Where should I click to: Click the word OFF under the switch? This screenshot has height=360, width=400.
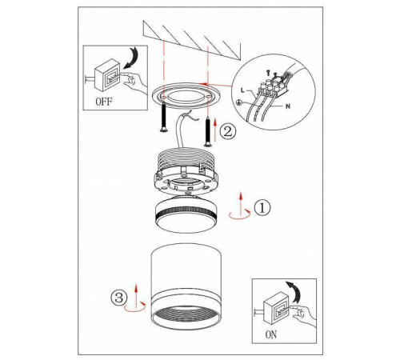[x=104, y=102]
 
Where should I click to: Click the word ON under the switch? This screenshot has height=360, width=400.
[x=271, y=334]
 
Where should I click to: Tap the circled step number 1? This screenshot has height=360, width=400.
[x=262, y=208]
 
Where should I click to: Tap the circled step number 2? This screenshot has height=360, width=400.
[x=228, y=132]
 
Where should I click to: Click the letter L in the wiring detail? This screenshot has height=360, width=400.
[x=242, y=90]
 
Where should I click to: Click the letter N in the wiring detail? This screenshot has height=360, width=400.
[x=288, y=106]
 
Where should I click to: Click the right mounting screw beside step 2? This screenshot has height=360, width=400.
[x=207, y=133]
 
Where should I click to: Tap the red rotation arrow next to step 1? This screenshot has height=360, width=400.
[x=240, y=214]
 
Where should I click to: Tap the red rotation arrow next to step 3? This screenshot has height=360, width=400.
[x=135, y=306]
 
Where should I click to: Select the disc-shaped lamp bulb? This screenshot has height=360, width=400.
[x=186, y=214]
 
